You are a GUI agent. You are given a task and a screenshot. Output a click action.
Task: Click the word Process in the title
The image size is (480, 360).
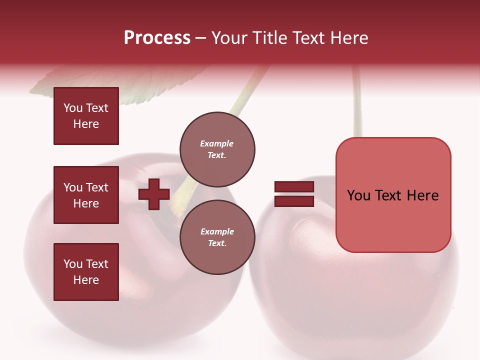pyautogui.click(x=157, y=38)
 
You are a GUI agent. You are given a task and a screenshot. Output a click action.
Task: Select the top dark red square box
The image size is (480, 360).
pyautogui.click(x=86, y=116)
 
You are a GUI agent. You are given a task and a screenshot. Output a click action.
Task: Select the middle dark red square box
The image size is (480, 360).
pyautogui.click(x=86, y=195)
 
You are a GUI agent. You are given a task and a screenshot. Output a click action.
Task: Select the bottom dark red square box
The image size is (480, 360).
pyautogui.click(x=86, y=272)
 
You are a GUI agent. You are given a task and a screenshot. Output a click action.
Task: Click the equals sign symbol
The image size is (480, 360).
pyautogui.click(x=294, y=194)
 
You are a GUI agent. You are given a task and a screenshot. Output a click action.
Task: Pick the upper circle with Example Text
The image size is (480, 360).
pyautogui.click(x=217, y=149)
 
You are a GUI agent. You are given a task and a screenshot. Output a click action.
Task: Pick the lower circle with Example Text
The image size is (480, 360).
pyautogui.click(x=217, y=237)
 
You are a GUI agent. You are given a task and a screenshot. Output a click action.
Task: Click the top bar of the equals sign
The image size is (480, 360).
pyautogui.click(x=294, y=187)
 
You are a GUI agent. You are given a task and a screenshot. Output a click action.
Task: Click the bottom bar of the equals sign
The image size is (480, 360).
pyautogui.click(x=294, y=201)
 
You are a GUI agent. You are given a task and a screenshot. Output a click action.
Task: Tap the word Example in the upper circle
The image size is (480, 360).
pyautogui.click(x=217, y=143)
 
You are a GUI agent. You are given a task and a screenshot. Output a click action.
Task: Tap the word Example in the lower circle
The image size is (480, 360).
pyautogui.click(x=217, y=231)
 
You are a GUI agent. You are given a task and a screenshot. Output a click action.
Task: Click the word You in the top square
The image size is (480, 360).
pyautogui.click(x=72, y=108)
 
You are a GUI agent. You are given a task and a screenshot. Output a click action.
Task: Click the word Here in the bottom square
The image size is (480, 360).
pyautogui.click(x=86, y=280)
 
